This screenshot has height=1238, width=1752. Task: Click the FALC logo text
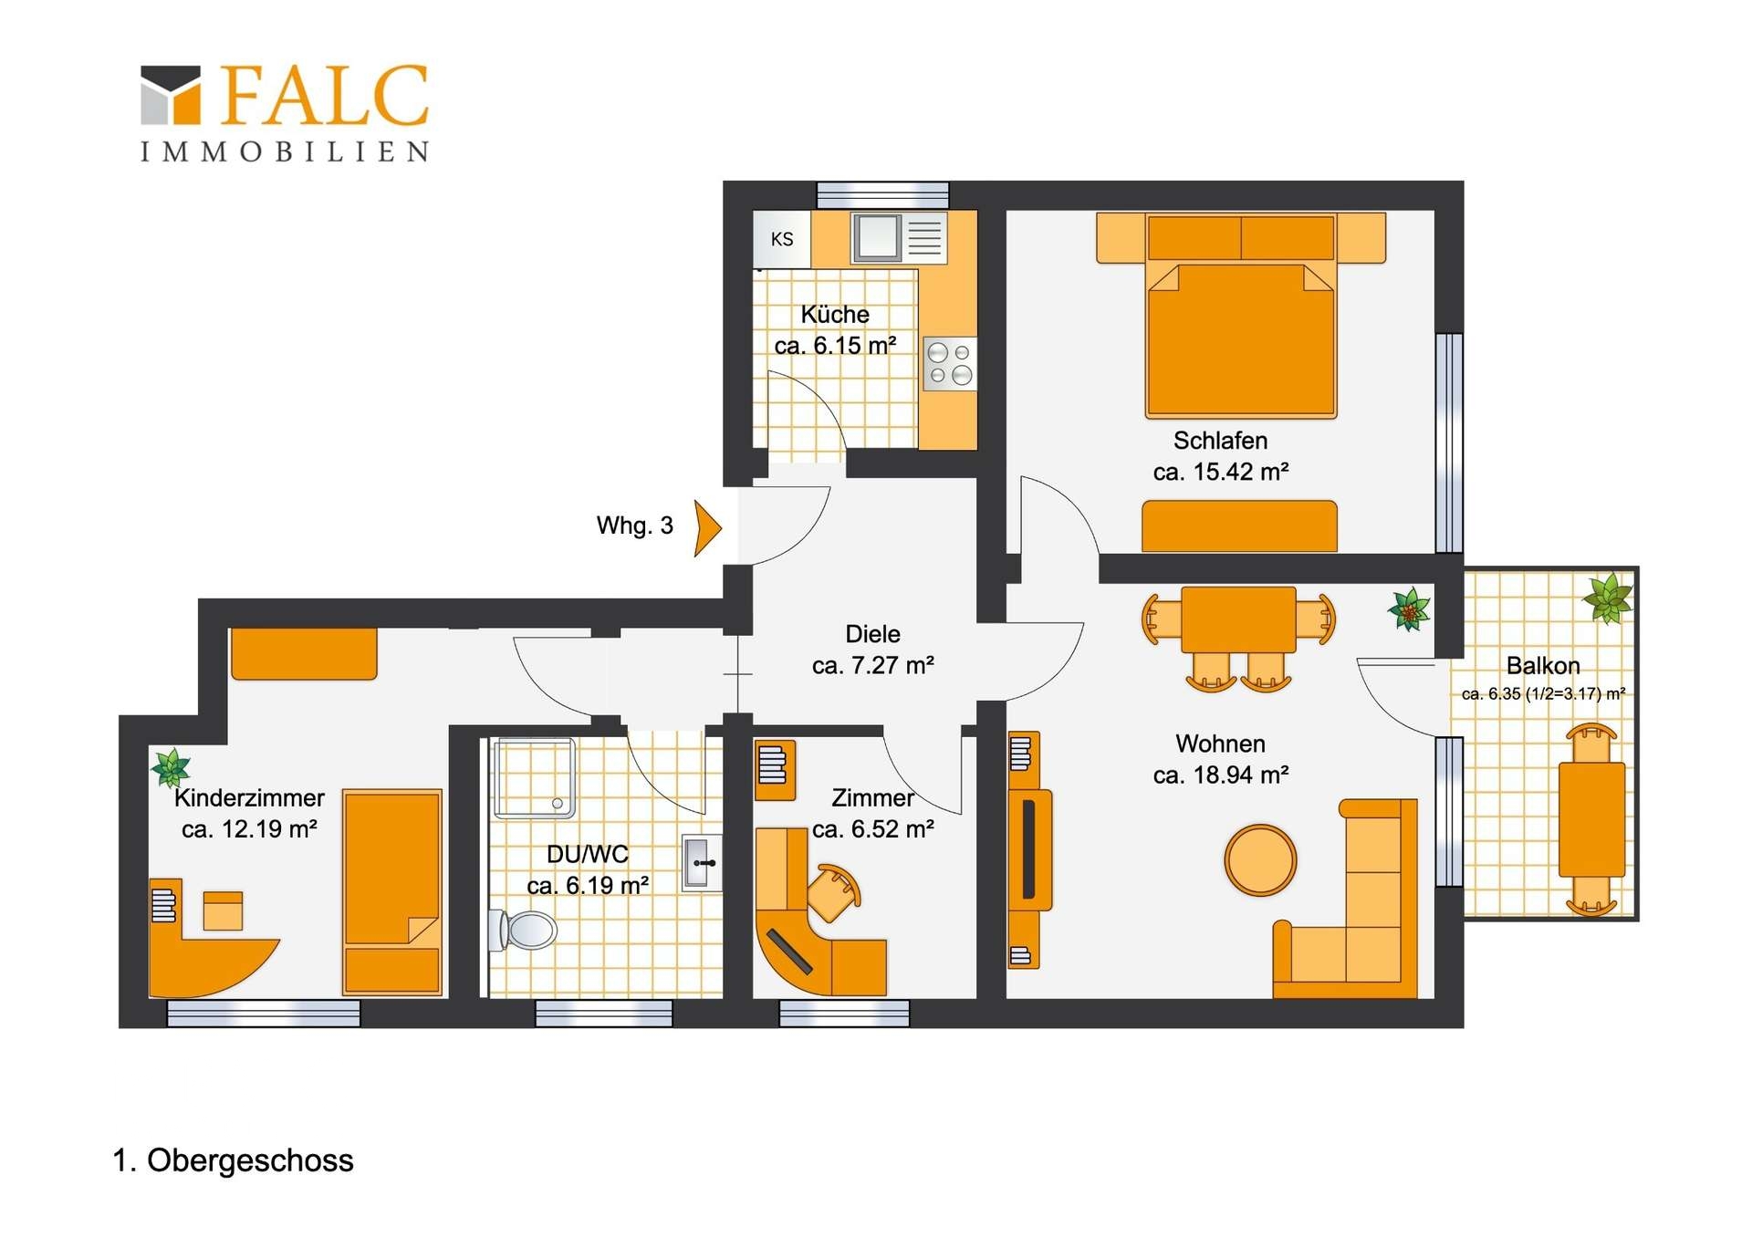pos(324,95)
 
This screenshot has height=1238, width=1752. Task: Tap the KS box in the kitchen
pos(782,239)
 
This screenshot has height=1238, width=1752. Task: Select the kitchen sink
pos(877,237)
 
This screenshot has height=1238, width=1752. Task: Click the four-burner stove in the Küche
pos(950,364)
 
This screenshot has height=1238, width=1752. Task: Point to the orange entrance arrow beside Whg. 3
pos(707,527)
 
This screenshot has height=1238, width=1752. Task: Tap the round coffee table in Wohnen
pos(1260,859)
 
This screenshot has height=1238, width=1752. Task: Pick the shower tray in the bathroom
pos(535,778)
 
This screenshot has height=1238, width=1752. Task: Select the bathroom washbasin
pos(702,862)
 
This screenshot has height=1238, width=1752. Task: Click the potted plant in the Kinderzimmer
pos(171,767)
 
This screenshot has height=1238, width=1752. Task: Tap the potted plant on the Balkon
pos(1608,598)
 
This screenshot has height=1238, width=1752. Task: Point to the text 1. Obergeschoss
pos(233,1160)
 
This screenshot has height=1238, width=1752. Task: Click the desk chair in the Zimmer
pos(834,893)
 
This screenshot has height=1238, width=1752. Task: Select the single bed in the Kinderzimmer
pos(392,892)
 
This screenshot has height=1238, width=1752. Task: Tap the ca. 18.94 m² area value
pos(1221,775)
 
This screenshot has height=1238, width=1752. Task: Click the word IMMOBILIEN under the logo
pos(285,151)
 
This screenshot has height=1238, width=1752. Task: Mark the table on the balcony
pos(1592,819)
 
